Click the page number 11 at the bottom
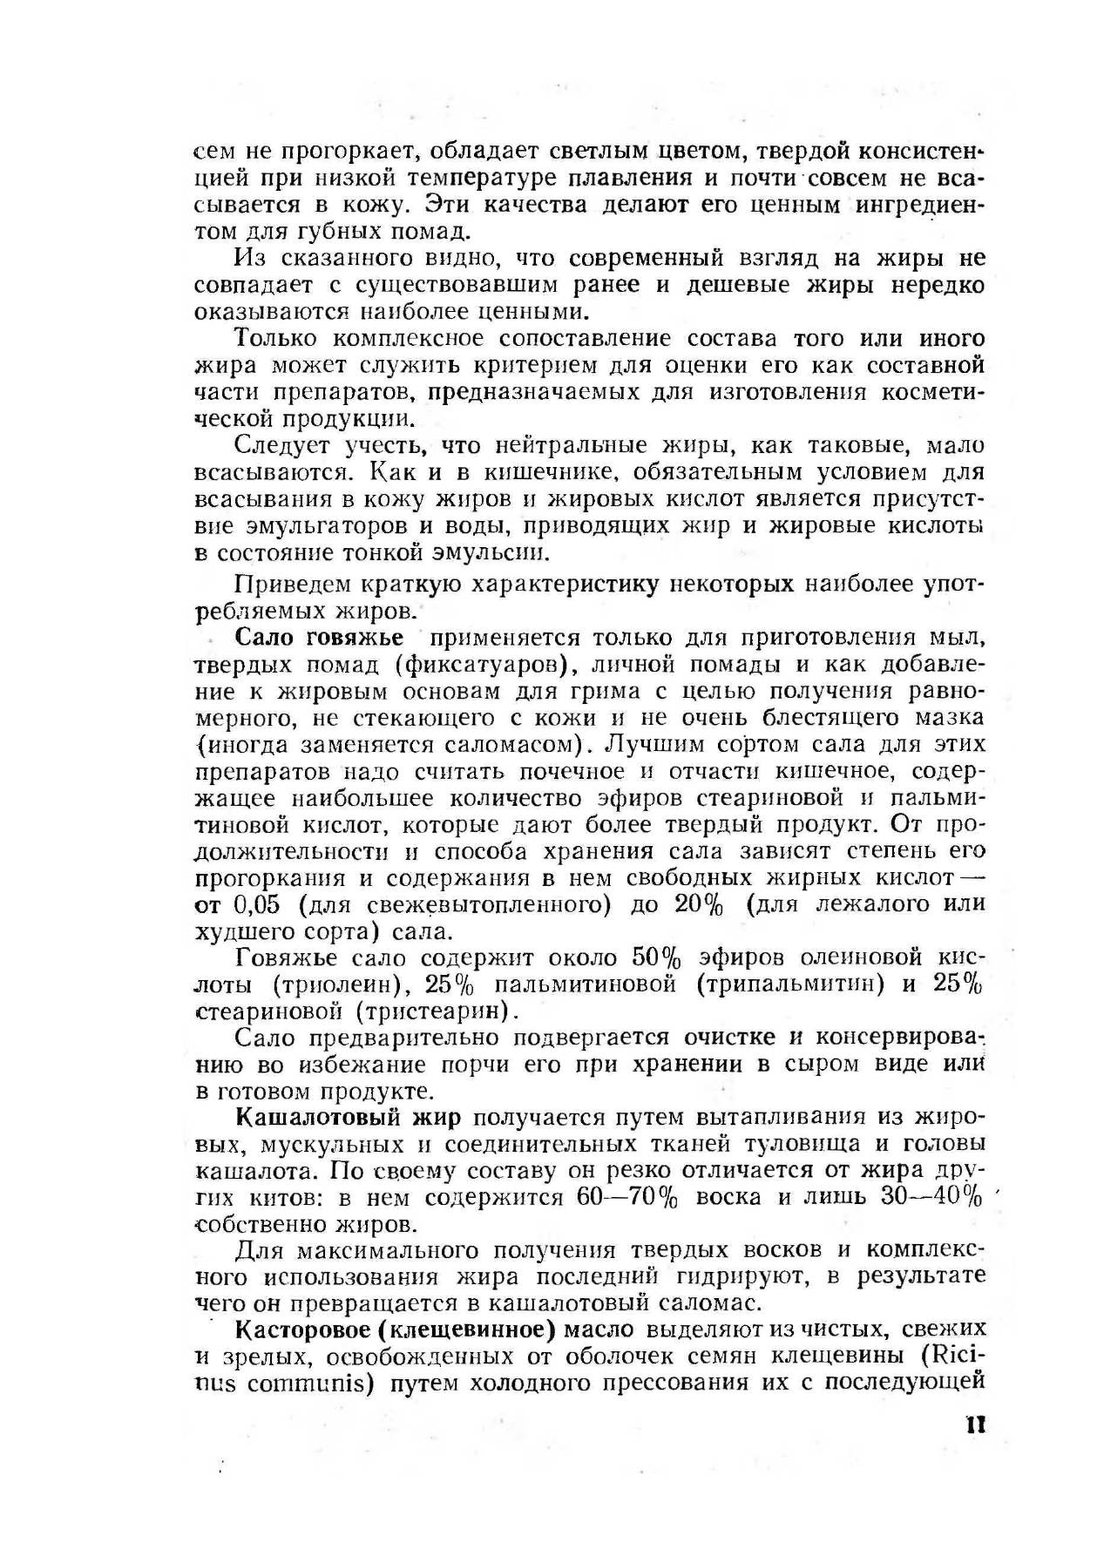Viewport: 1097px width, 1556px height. pos(975,1424)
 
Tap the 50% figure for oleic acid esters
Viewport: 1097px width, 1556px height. pos(656,957)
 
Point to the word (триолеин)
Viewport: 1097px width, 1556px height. pos(336,984)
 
